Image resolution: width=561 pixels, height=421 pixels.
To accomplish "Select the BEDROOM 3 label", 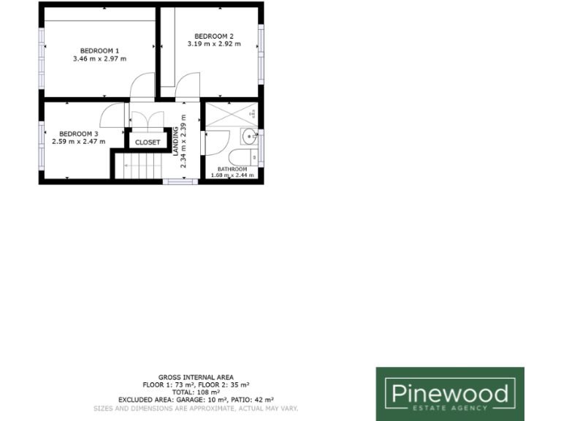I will coord(78,134).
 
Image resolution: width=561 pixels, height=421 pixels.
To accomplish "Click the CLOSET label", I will coord(148,143).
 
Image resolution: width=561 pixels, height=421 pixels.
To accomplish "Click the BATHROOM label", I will coord(232,169).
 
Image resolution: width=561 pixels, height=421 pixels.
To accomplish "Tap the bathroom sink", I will coord(249,134).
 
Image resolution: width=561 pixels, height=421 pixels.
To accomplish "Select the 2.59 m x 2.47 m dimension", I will coord(78,142).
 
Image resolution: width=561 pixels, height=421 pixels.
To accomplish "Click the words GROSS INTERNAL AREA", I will coord(196,378).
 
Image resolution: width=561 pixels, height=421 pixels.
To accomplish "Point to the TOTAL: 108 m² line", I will coord(196,392).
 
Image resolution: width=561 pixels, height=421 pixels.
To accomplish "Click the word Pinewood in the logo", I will coord(449,395).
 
